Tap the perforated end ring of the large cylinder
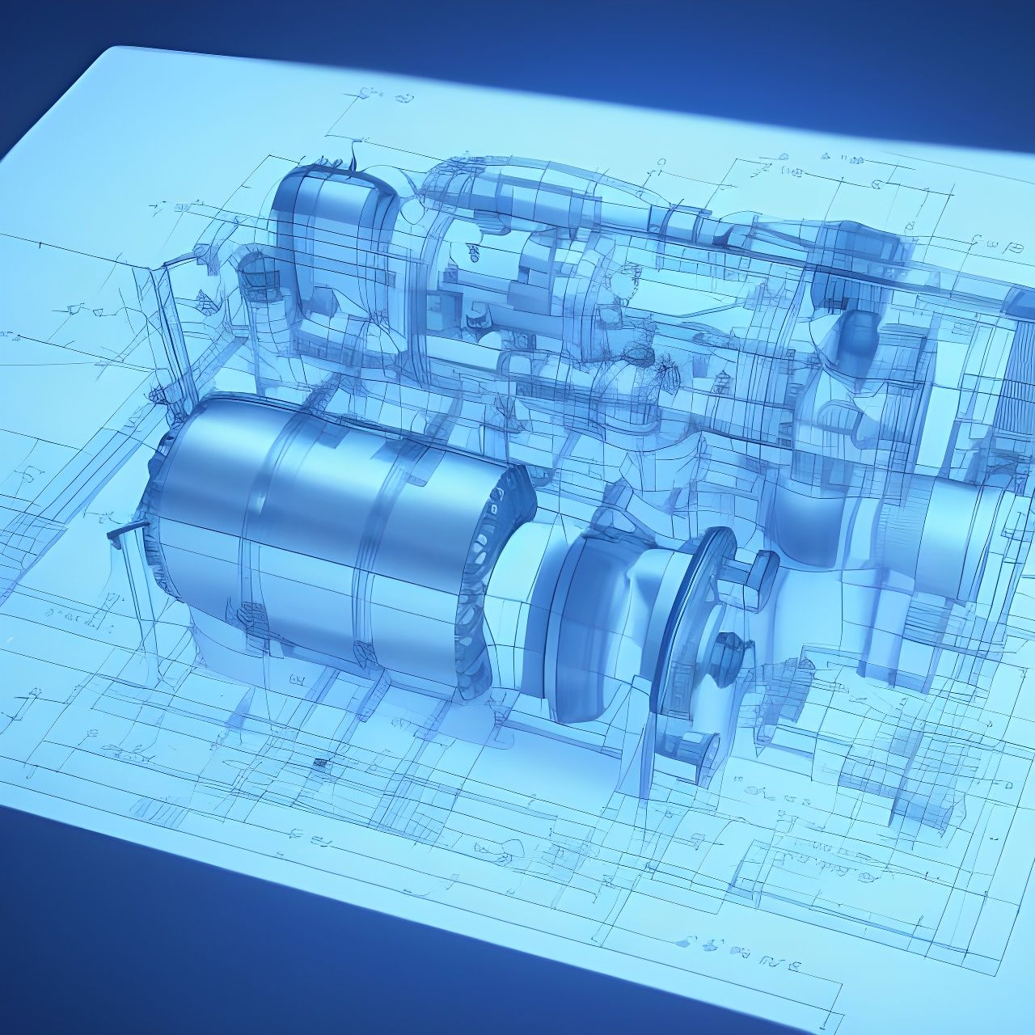[493, 582]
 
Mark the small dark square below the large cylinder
[321, 763]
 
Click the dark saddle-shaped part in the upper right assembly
[857, 340]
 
